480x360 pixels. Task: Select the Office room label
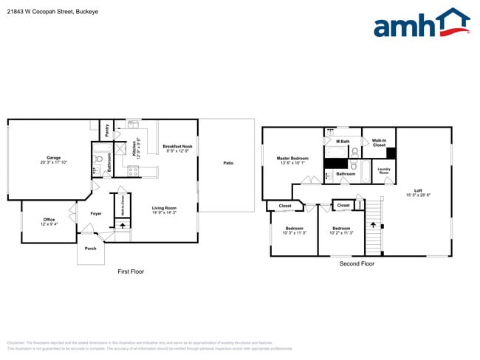[x=49, y=221]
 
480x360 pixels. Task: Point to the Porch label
[x=90, y=249]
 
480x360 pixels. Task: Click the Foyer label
[x=96, y=214]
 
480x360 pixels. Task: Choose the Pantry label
[x=106, y=131]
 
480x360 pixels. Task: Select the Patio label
[x=228, y=163]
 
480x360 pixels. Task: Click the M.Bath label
[x=343, y=141]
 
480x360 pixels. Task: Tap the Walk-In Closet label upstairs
[x=379, y=142]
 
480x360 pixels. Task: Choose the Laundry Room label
[x=384, y=170]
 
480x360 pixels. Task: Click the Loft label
[x=418, y=192]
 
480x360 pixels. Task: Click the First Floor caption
[x=131, y=271]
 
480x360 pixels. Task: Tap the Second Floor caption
[x=357, y=263]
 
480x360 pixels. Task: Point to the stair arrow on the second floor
[x=373, y=225]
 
